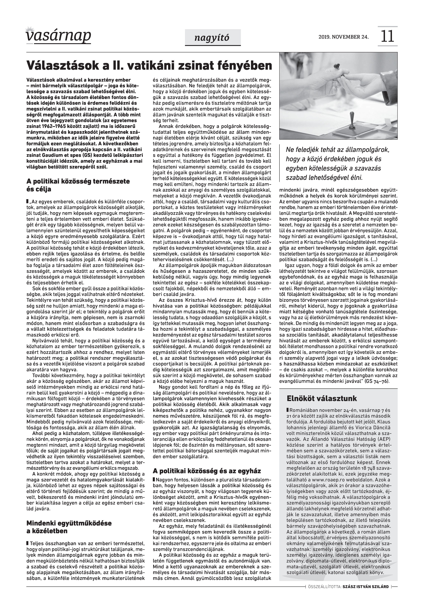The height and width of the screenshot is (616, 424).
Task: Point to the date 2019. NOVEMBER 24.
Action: pos(343,37)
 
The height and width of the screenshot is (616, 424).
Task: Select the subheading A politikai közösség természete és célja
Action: pos(78,185)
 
